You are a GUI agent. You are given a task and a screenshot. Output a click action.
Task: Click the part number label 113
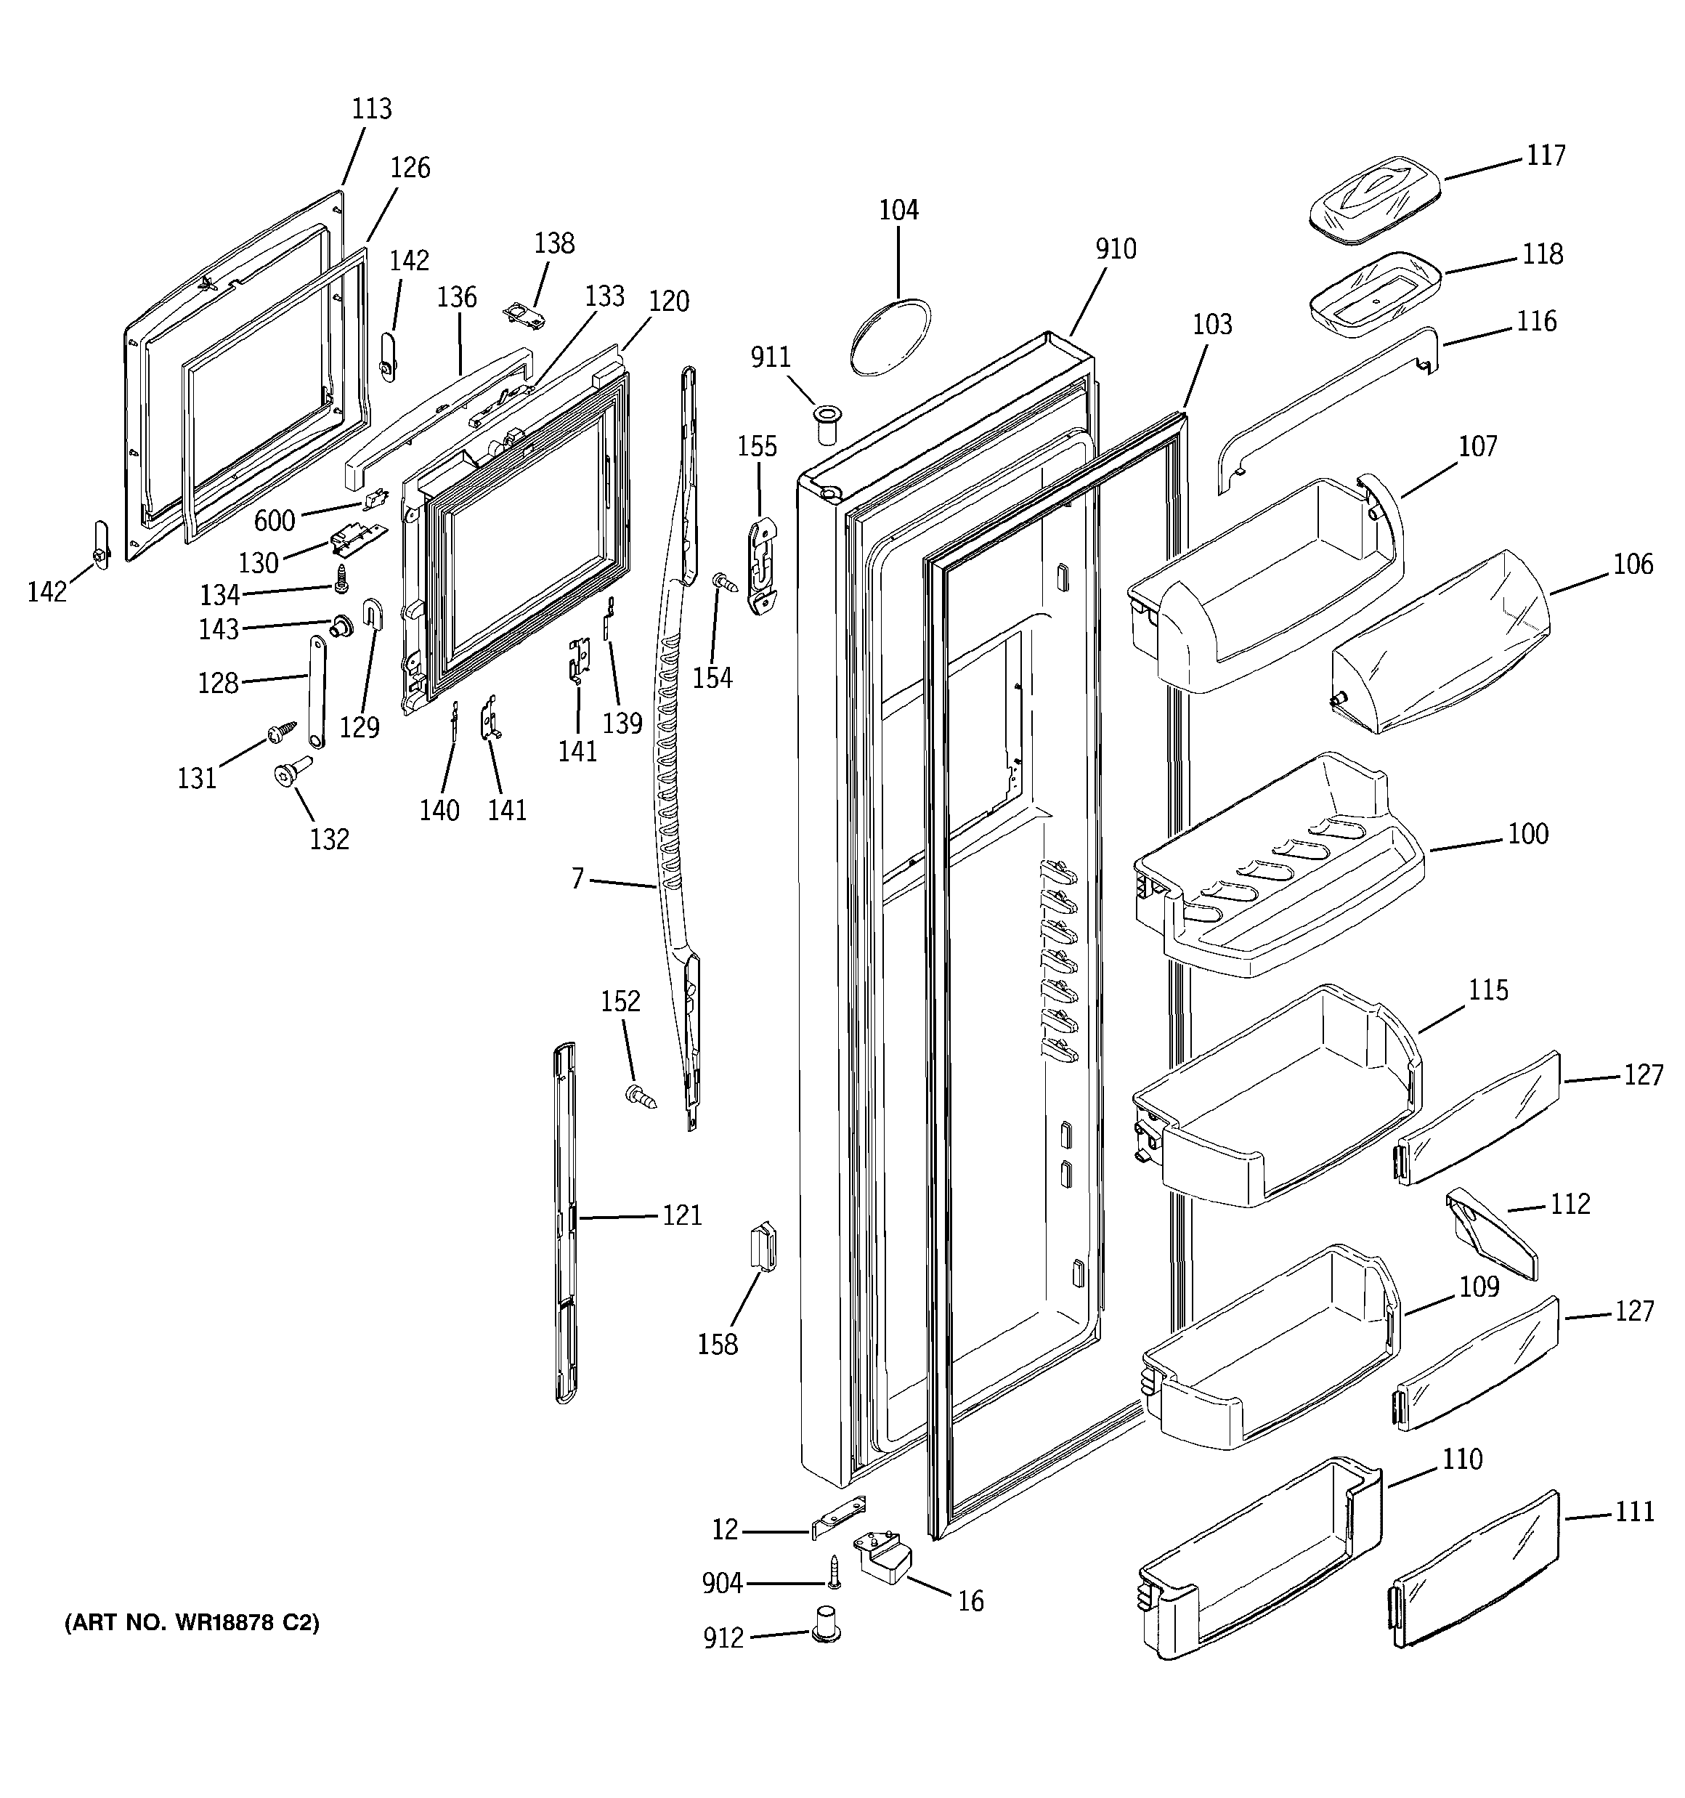click(x=372, y=108)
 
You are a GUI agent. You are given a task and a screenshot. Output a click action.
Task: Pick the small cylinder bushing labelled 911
click(x=826, y=424)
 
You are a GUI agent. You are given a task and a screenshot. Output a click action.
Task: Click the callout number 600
click(x=274, y=520)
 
